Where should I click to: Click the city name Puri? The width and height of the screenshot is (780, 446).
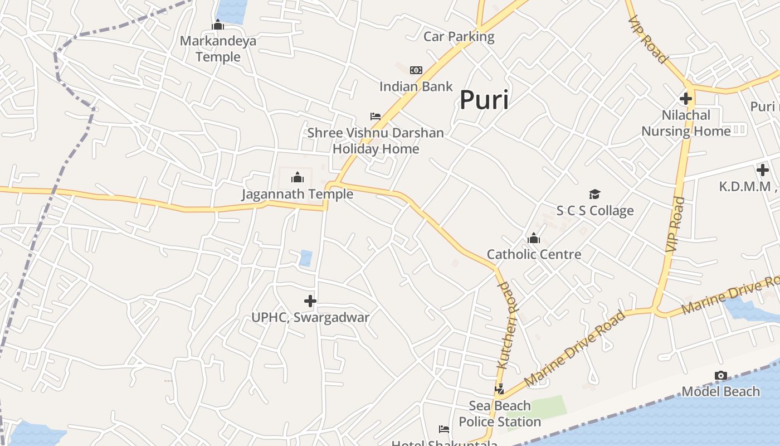[484, 100]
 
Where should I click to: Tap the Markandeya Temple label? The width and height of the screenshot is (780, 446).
[218, 49]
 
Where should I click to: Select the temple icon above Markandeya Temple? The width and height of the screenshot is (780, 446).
[218, 25]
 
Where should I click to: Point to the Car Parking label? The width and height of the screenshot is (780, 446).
[459, 37]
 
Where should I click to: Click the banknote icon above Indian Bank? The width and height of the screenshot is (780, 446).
[416, 70]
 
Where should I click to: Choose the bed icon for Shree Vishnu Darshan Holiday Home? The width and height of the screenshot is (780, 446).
[376, 117]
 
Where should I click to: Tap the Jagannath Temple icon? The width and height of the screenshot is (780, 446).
[298, 178]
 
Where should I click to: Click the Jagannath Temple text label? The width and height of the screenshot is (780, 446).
[298, 194]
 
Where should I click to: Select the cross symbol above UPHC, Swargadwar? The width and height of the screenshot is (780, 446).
[310, 302]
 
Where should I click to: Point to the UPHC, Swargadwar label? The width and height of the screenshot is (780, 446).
[310, 318]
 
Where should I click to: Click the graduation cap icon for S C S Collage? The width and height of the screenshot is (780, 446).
[595, 195]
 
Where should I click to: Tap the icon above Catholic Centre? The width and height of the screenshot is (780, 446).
[534, 239]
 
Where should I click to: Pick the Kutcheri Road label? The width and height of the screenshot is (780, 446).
[508, 326]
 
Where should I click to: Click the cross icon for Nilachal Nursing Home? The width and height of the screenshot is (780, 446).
[686, 99]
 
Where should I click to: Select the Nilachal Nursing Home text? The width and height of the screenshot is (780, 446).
[686, 123]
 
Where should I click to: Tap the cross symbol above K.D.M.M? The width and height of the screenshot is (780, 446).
[763, 170]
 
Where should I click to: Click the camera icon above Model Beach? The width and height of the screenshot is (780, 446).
[720, 376]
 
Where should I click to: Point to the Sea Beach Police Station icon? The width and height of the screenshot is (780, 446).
[500, 389]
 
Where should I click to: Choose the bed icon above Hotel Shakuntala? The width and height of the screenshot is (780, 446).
[444, 429]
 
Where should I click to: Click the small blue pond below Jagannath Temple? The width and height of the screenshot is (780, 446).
[306, 258]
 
